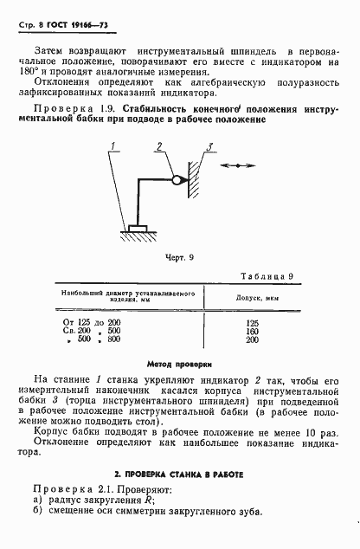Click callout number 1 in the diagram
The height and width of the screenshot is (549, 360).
click(x=112, y=147)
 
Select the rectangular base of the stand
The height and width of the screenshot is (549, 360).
click(x=136, y=229)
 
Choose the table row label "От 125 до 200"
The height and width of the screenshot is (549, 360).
click(x=91, y=321)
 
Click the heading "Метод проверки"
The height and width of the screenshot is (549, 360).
click(x=180, y=365)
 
